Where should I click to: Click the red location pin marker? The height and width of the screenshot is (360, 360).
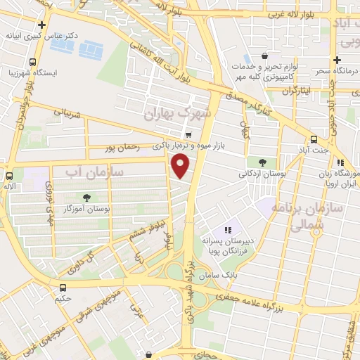point(181,167)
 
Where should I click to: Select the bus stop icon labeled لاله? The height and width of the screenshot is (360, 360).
point(10,176)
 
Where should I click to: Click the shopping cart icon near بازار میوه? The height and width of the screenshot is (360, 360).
point(188,134)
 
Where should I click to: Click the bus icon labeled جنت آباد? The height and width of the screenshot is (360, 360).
point(313,139)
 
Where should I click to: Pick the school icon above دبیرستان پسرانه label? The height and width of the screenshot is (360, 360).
point(227,229)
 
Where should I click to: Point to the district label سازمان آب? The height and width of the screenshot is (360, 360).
point(94,171)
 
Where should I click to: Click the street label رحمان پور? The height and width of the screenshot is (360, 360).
point(119,148)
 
